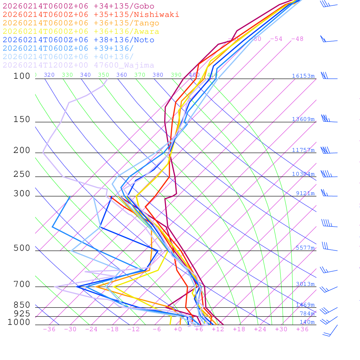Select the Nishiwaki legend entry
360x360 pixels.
(91, 15)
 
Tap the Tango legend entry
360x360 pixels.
(81, 23)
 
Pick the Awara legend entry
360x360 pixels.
(81, 32)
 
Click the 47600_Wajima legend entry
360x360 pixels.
(78, 65)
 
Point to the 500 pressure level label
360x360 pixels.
(22, 248)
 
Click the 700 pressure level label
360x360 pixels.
(22, 284)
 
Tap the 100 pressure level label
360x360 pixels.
(22, 76)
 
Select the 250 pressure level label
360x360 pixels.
(22, 174)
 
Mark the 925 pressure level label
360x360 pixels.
(22, 314)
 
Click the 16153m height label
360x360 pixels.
(303, 76)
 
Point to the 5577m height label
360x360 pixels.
(305, 248)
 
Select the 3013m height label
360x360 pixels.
(305, 284)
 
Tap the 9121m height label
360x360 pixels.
(305, 193)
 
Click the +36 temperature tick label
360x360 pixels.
(302, 329)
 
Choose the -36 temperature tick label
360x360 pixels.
(49, 329)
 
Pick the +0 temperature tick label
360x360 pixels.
(178, 329)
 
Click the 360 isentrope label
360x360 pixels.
(122, 75)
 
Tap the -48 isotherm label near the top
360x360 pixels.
(297, 39)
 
